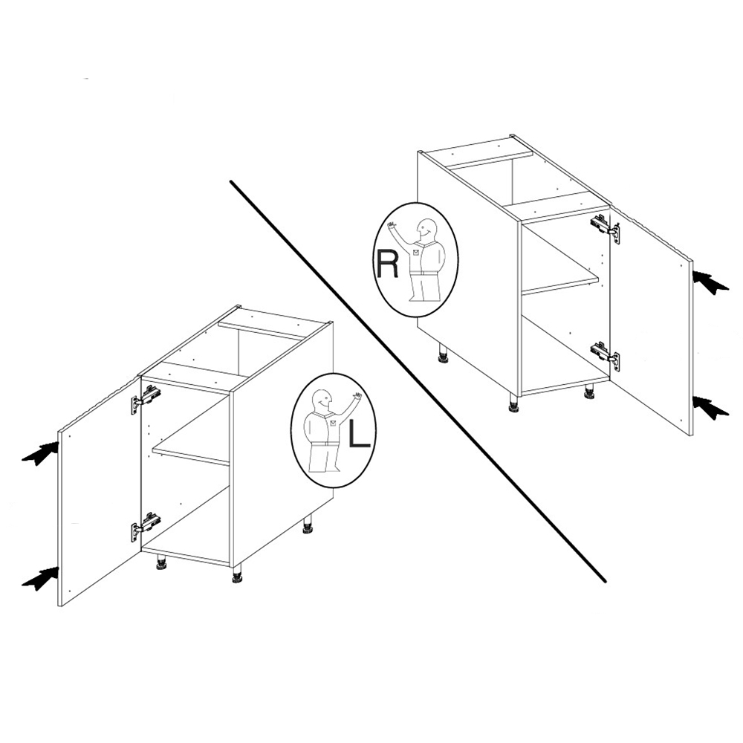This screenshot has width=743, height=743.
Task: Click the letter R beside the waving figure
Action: pyautogui.click(x=386, y=263)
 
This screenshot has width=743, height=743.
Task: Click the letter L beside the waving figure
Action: pyautogui.click(x=359, y=434)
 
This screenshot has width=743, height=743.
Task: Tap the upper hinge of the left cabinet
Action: pyautogui.click(x=146, y=398)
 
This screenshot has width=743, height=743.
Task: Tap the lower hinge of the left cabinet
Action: pyautogui.click(x=145, y=526)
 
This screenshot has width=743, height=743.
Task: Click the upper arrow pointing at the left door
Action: pyautogui.click(x=41, y=453)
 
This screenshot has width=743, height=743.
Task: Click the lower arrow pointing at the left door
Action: pyautogui.click(x=41, y=579)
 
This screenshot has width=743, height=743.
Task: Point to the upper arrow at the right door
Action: pyautogui.click(x=711, y=282)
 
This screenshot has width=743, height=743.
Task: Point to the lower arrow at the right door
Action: pyautogui.click(x=711, y=407)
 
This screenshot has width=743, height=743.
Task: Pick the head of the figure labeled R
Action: pyautogui.click(x=425, y=230)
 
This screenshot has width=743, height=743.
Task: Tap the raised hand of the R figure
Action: pyautogui.click(x=392, y=226)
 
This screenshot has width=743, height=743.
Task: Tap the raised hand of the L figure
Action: pyautogui.click(x=356, y=397)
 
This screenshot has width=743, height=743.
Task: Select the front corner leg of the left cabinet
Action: pyautogui.click(x=236, y=573)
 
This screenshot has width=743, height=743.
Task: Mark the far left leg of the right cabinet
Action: pyautogui.click(x=443, y=354)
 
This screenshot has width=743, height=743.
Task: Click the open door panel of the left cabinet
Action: pyautogui.click(x=100, y=492)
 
